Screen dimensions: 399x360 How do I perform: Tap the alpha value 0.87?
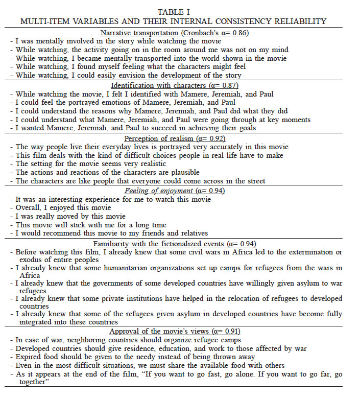coord(227,85)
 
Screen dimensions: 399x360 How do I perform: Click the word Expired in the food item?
coord(29,357)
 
